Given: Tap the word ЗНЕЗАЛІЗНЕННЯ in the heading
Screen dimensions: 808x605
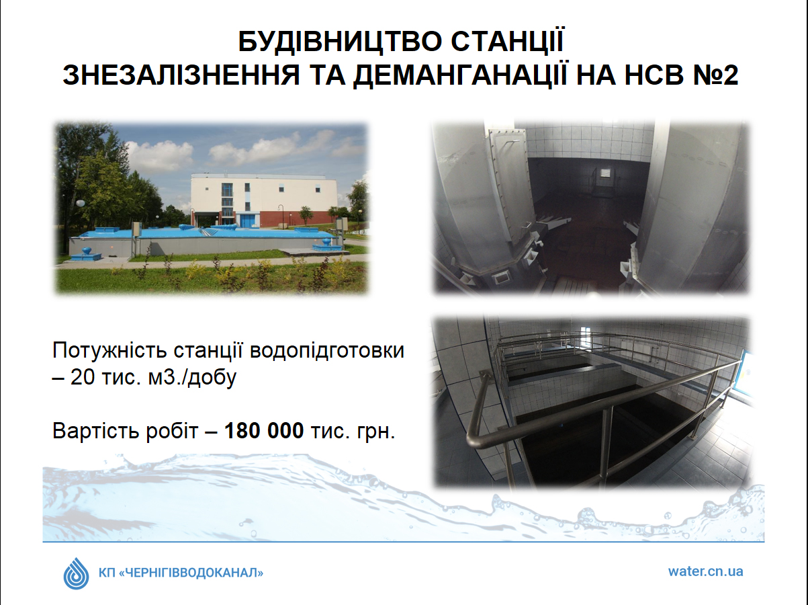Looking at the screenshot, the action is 181,75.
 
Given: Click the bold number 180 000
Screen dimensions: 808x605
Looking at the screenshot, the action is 264,430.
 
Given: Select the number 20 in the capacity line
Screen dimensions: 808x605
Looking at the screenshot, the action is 83,377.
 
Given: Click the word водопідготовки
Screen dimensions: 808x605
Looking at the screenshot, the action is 327,351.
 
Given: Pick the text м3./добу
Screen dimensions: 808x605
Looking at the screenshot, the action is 192,378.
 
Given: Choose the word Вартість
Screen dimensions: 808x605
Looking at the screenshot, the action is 97,430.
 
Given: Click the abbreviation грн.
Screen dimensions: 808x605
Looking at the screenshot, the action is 376,432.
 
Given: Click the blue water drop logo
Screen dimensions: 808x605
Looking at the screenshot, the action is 76,573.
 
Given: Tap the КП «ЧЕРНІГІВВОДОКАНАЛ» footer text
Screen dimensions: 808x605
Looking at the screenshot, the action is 181,573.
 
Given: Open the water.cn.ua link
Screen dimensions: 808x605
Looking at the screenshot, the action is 706,571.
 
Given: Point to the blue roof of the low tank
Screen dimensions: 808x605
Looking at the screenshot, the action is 206,233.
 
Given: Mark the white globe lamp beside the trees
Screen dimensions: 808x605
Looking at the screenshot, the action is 80,204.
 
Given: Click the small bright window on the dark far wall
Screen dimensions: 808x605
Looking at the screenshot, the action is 607,173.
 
